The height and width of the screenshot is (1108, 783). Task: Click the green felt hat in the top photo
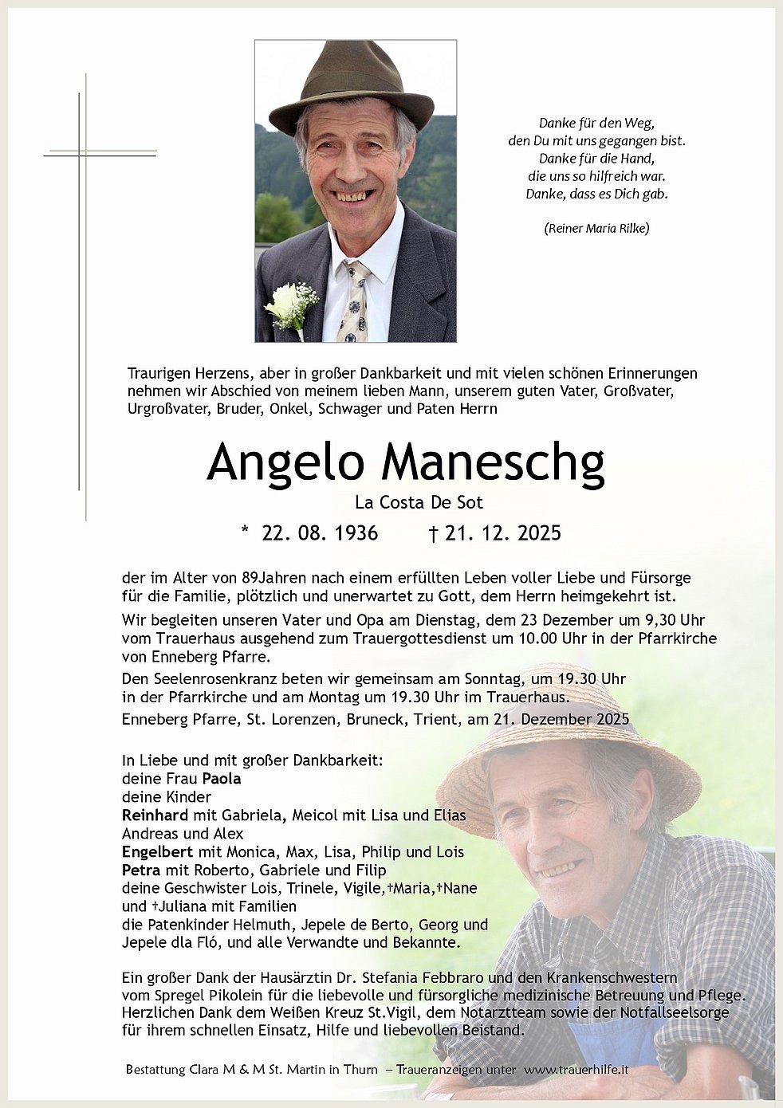pyautogui.click(x=350, y=86)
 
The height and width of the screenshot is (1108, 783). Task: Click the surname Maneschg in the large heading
pyautogui.click(x=493, y=462)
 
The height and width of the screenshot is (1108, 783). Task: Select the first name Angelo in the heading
pyautogui.click(x=285, y=462)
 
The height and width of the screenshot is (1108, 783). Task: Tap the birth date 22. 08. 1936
pyautogui.click(x=320, y=532)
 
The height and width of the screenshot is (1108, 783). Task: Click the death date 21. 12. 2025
pyautogui.click(x=502, y=532)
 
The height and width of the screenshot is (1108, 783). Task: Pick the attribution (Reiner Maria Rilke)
pyautogui.click(x=596, y=228)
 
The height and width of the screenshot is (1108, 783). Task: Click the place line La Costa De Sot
pyautogui.click(x=419, y=502)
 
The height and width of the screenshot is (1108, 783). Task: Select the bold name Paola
pyautogui.click(x=222, y=779)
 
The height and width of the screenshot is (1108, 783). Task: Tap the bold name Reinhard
pyautogui.click(x=155, y=815)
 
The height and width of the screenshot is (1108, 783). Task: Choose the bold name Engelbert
pyautogui.click(x=157, y=852)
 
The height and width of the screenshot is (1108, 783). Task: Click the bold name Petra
pyautogui.click(x=141, y=870)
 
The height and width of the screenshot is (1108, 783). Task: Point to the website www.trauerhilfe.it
pyautogui.click(x=576, y=1069)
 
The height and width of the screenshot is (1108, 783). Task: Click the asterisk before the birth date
pyautogui.click(x=245, y=531)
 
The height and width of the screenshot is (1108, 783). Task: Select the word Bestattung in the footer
pyautogui.click(x=155, y=1069)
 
